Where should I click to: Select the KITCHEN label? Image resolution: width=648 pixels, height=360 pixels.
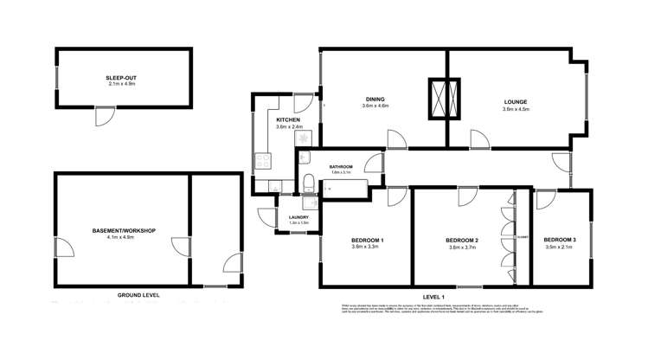pyautogui.click(x=288, y=119)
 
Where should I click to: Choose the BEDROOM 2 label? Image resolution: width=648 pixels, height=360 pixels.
pyautogui.click(x=463, y=240)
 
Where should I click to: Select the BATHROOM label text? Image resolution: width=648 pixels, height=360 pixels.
pyautogui.click(x=341, y=166)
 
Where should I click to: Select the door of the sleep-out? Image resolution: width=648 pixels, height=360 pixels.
pyautogui.click(x=103, y=114)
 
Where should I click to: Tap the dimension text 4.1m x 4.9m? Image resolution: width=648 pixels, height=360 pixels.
pyautogui.click(x=123, y=238)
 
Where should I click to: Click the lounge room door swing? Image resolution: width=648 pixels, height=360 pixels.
pyautogui.click(x=478, y=138)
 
